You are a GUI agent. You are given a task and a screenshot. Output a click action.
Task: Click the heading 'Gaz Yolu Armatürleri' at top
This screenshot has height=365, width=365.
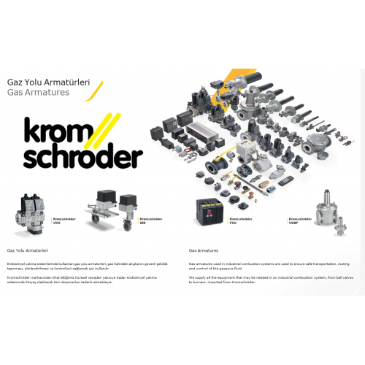(48, 82)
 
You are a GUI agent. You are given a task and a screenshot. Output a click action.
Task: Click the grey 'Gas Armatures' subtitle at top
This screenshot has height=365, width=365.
(38, 93)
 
